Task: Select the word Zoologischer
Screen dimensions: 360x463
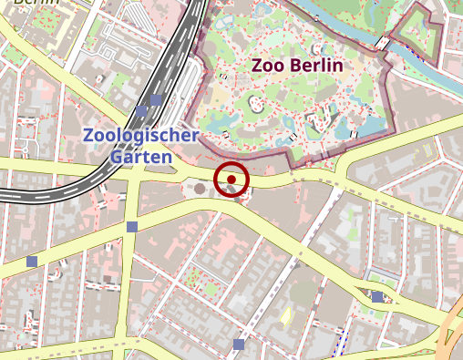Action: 140,136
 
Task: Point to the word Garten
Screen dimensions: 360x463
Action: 141,156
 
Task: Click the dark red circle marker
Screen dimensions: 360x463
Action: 231,180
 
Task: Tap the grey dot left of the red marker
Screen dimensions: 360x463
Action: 200,188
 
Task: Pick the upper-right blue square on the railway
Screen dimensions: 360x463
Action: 157,99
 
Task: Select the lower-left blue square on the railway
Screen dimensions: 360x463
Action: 141,111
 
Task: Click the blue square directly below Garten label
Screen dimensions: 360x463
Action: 132,227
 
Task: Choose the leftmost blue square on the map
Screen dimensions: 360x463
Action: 32,262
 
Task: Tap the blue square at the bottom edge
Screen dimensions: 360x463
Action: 239,345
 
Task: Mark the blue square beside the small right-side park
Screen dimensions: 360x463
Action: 377,296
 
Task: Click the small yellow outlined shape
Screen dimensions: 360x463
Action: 286,315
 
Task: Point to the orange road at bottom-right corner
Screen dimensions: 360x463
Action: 452,337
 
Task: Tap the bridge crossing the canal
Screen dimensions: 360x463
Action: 386,43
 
